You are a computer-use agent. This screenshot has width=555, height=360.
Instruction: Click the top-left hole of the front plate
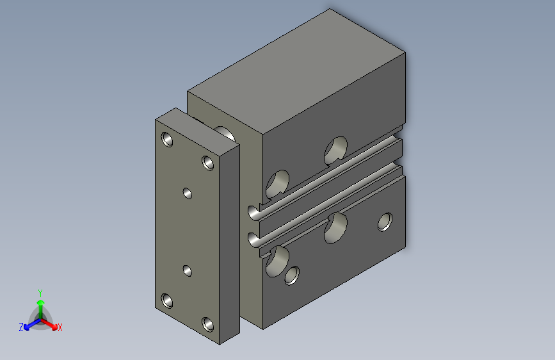click(x=167, y=139)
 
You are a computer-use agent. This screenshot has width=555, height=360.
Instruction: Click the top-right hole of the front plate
click(x=208, y=163)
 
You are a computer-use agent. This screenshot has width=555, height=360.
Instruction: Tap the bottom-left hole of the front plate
click(x=167, y=300)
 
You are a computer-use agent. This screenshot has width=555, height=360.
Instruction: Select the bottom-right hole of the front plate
click(x=208, y=325)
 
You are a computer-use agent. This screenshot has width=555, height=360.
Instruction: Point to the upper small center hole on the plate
click(x=188, y=193)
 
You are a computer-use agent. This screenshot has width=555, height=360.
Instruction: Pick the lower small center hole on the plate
click(x=188, y=271)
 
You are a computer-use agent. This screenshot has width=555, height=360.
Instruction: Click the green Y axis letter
click(x=40, y=293)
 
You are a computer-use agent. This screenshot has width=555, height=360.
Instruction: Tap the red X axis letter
click(x=60, y=327)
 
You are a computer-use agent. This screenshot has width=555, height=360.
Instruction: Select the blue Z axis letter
click(x=21, y=327)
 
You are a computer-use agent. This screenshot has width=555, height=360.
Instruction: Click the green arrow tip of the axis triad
click(x=41, y=302)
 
